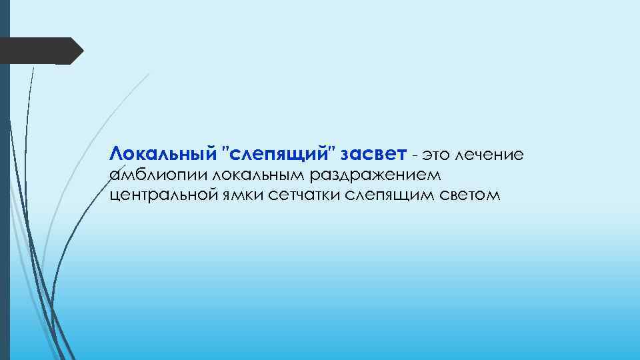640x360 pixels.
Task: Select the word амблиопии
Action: [x=156, y=176]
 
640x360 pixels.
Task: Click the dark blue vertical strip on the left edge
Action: [x=5, y=200]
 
